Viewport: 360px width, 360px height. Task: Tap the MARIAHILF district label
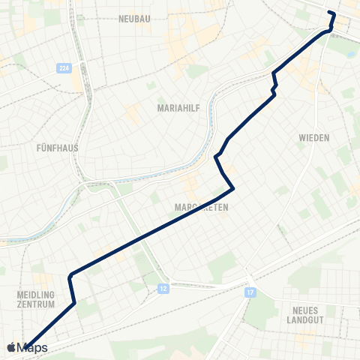[177, 108]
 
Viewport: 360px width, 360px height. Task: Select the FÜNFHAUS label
[57, 148]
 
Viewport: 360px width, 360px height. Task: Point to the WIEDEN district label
[314, 138]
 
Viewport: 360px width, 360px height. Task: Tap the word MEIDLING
[36, 295]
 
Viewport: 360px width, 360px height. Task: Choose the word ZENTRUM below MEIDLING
[36, 305]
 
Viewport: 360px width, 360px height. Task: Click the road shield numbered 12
[163, 287]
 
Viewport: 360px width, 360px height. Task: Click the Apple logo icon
[10, 348]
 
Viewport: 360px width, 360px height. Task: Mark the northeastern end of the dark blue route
[330, 13]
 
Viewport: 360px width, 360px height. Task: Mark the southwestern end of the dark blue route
[25, 346]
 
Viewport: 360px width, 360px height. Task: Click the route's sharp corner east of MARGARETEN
[235, 187]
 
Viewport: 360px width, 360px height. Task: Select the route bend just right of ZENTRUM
[75, 302]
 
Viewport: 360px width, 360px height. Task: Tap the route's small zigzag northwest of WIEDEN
[274, 82]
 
